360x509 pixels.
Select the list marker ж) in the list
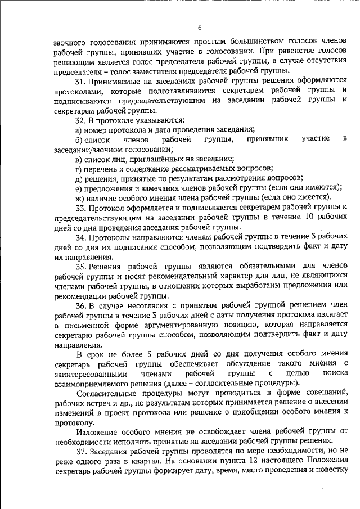[79, 197]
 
